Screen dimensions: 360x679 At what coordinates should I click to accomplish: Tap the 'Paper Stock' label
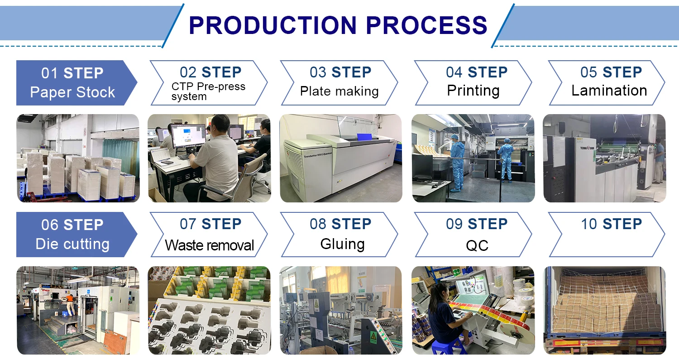pyautogui.click(x=72, y=92)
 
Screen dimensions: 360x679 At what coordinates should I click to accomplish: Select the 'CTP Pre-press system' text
pyautogui.click(x=208, y=91)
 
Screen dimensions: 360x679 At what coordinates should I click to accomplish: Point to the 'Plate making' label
pyautogui.click(x=339, y=91)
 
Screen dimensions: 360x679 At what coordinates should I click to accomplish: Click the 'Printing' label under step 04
pyautogui.click(x=473, y=91)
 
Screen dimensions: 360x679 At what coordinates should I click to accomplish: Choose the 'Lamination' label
pyautogui.click(x=609, y=91)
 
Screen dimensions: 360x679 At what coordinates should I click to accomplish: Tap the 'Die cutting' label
pyautogui.click(x=72, y=244)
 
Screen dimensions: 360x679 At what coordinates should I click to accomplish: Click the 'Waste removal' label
pyautogui.click(x=209, y=245)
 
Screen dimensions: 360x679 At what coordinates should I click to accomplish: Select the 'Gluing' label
pyautogui.click(x=342, y=244)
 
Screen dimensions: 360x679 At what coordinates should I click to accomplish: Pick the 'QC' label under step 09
pyautogui.click(x=477, y=245)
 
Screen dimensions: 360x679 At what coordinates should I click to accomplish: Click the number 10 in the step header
pyautogui.click(x=589, y=224)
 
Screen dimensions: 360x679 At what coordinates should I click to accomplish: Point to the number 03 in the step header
pyautogui.click(x=318, y=72)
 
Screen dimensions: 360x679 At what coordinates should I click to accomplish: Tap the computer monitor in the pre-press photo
pyautogui.click(x=188, y=136)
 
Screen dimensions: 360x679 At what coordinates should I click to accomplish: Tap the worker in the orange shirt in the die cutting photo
pyautogui.click(x=70, y=298)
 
